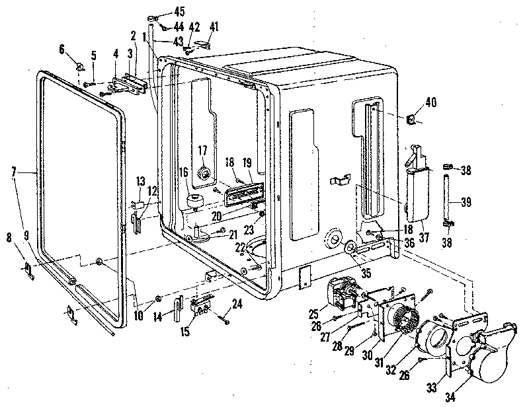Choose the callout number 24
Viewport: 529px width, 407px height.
237,305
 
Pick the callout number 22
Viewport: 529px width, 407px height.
239,247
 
